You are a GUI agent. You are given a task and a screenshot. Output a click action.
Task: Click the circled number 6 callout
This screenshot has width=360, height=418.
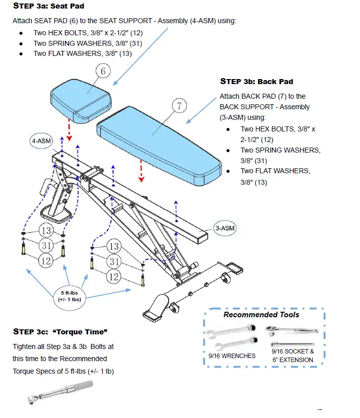pos(103,71)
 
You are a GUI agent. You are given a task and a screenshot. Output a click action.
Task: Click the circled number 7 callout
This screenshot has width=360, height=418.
pos(179,106)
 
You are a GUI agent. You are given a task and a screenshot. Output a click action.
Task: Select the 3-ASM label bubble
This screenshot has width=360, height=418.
pos(224,228)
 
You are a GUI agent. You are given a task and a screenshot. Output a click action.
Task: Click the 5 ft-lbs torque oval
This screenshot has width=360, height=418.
pos(70,295)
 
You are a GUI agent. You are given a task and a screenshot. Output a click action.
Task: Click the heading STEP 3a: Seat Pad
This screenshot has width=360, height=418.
pos(48,6)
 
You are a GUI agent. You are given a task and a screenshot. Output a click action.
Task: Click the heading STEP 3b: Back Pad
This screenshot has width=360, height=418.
pos(256,81)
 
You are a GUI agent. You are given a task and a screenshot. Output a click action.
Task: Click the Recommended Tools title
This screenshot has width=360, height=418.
pos(261,315)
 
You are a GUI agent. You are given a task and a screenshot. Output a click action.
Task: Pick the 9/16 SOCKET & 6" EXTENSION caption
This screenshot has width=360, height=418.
pos(293,356)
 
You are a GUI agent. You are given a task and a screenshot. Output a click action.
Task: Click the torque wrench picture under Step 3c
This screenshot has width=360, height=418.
pos(60,392)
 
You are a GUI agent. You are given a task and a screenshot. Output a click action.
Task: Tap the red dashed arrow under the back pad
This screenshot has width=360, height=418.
pos(141,170)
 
